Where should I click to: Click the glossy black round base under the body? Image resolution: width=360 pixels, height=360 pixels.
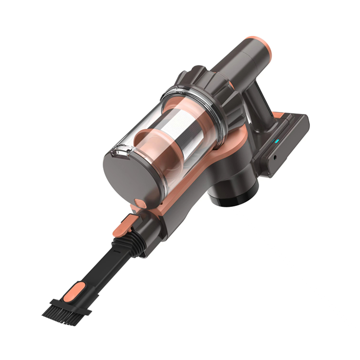[236, 193]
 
